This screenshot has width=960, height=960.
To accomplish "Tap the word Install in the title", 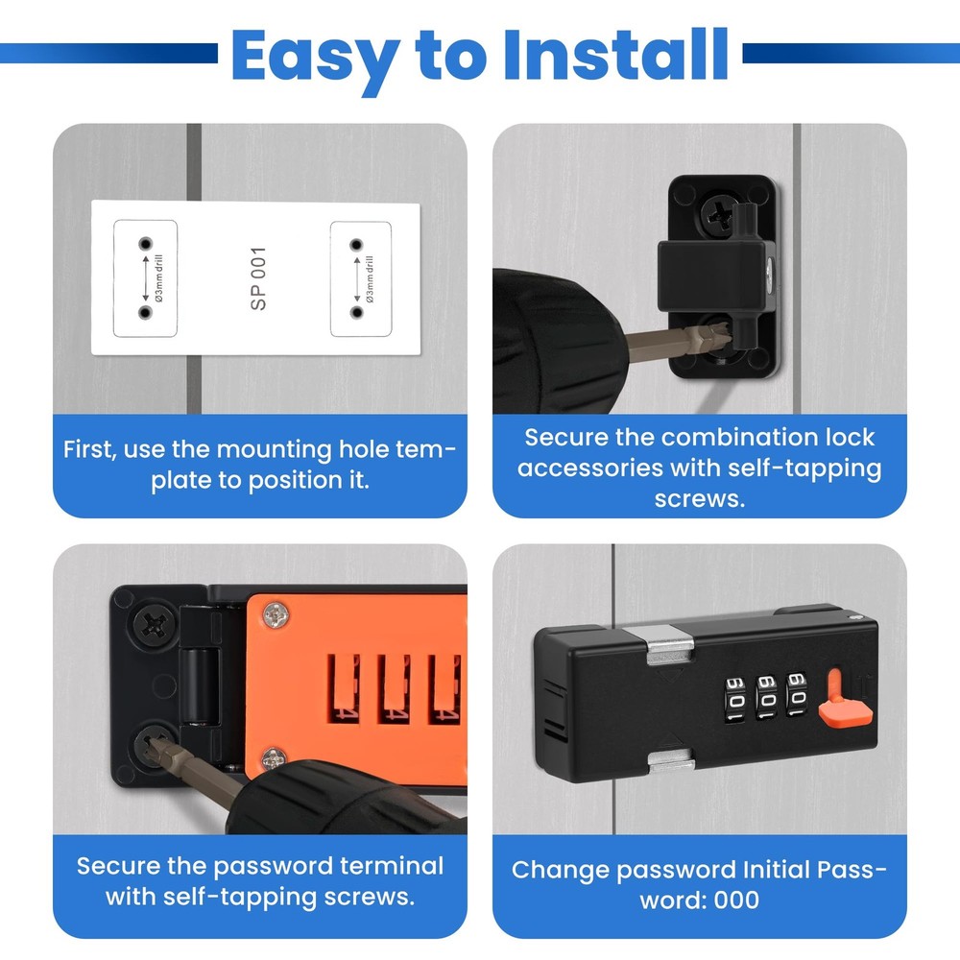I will click(614, 55).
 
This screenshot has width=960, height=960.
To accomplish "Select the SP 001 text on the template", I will click(258, 278).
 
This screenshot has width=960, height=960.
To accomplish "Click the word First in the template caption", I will click(90, 449).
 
